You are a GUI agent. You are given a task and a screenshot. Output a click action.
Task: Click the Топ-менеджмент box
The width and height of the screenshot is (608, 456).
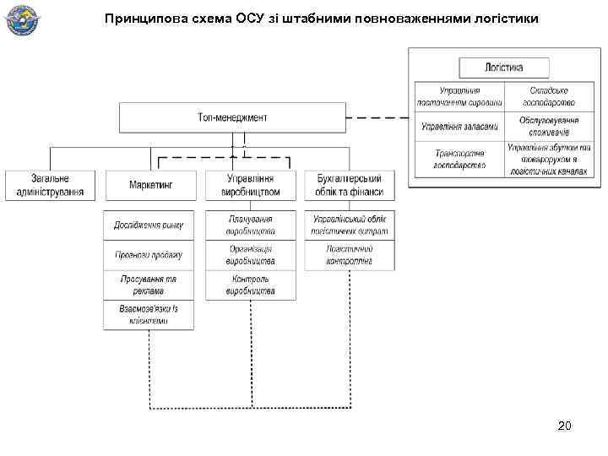pos(232,117)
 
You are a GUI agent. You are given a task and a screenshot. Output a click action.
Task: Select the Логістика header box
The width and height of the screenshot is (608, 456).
pos(504,68)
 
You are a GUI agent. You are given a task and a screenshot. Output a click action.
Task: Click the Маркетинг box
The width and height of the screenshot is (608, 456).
pos(150,185)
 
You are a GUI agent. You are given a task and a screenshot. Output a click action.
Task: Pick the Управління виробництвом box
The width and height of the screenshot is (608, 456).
pos(251,185)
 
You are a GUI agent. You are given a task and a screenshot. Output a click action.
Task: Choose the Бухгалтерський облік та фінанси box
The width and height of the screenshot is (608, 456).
pos(350,185)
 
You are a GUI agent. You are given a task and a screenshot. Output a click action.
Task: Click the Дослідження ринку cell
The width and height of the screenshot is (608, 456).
pos(149,225)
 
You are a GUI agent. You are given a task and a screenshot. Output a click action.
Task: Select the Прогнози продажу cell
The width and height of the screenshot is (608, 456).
pos(149,255)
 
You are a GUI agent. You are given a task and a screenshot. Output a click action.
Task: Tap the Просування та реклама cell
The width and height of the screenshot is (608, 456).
pos(149,285)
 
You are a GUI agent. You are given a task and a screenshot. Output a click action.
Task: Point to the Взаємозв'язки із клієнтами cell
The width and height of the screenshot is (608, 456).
pos(149,315)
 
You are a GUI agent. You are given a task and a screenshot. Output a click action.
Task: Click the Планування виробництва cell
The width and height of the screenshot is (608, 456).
pos(251,225)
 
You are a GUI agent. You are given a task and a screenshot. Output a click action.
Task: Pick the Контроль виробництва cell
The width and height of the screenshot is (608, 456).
pos(251,285)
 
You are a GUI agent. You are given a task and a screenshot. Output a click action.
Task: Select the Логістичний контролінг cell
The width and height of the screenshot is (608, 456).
pos(350,255)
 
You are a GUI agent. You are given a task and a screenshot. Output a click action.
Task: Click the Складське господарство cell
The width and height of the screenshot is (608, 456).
pos(550,96)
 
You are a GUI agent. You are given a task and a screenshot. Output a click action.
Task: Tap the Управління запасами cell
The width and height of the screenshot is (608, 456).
pos(459,127)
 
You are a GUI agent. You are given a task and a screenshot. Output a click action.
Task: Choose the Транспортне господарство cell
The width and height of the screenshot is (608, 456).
pos(459,159)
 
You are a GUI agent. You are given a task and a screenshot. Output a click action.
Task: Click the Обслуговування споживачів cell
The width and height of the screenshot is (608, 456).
pos(550,127)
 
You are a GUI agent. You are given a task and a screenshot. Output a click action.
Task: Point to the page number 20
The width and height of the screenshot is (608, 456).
pos(564,426)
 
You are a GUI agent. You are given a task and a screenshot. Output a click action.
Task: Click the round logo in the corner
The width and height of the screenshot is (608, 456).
pos(23,21)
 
